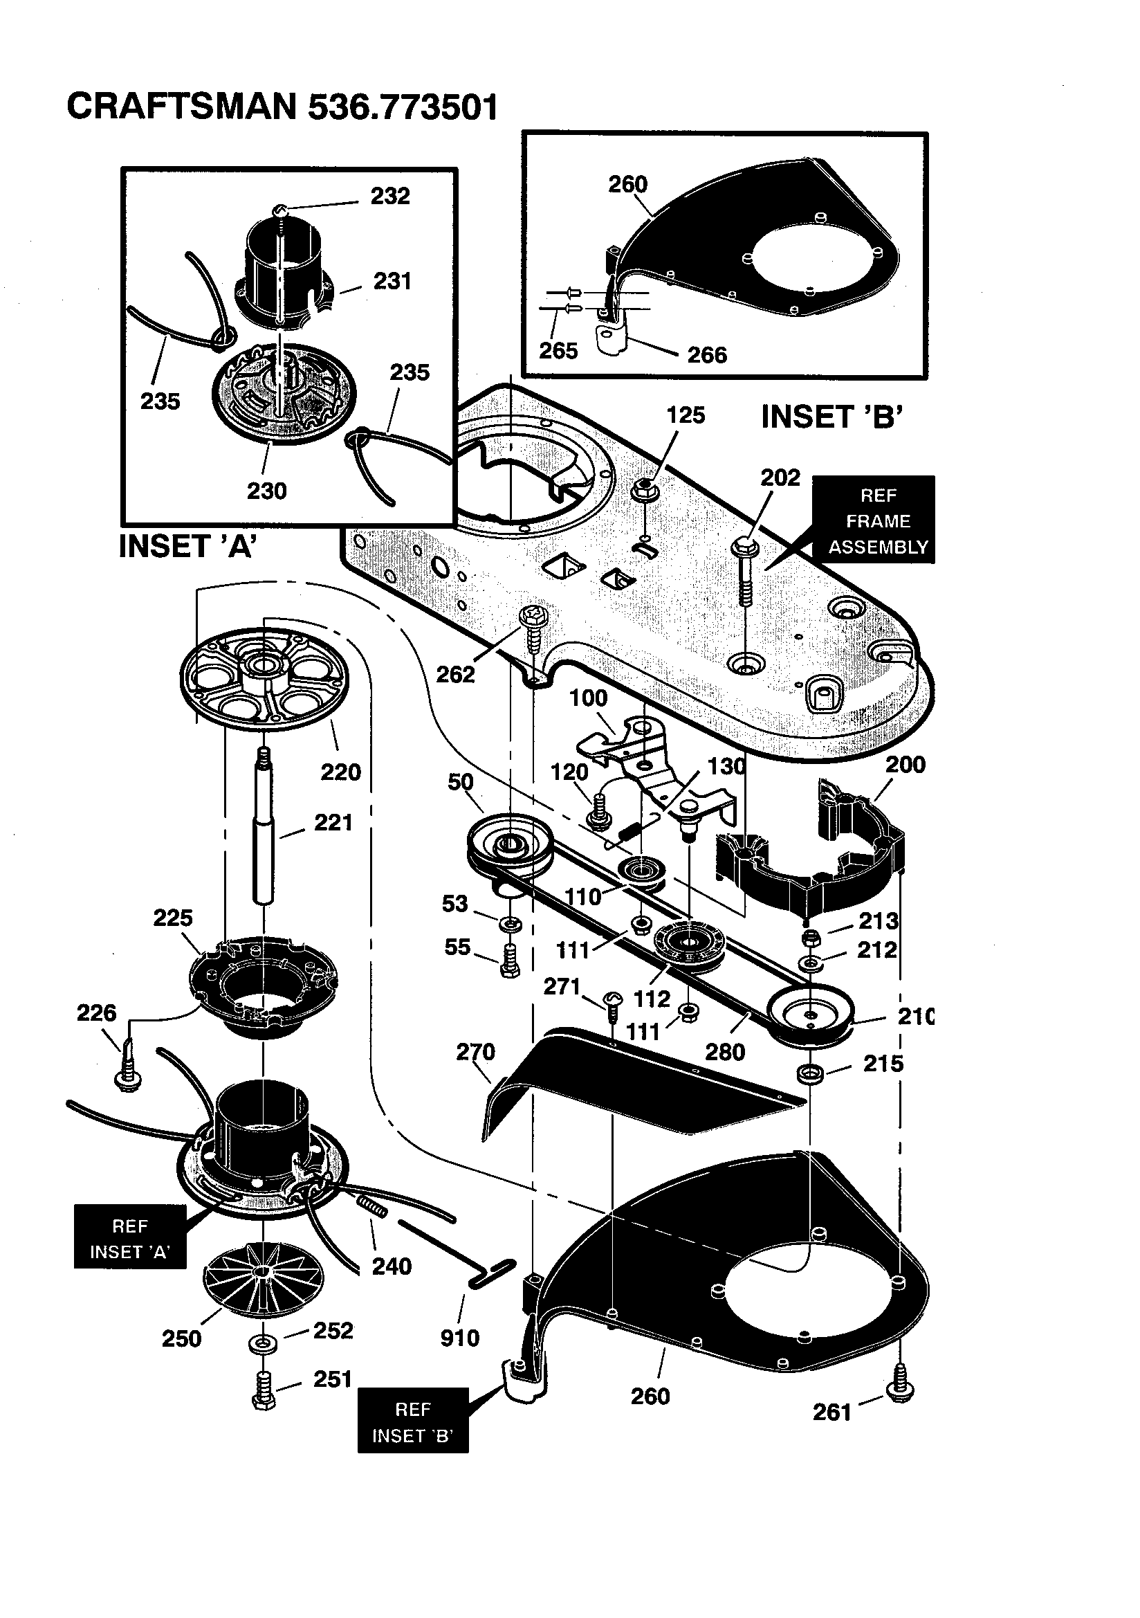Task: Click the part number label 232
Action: click(389, 196)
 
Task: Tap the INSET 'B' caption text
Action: click(831, 417)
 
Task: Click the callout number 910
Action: click(459, 1338)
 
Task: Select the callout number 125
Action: click(685, 415)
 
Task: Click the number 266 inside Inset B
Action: click(706, 354)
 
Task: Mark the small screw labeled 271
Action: click(612, 999)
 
